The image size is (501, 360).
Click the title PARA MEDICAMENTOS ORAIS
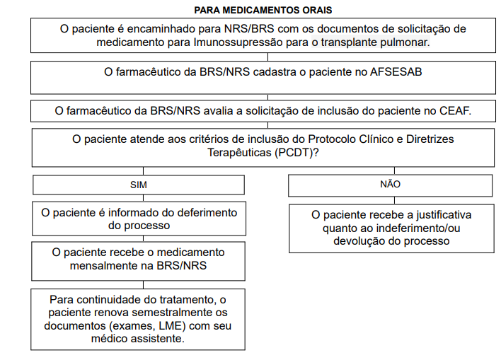coord(263,10)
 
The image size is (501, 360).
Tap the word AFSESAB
coord(396,71)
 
